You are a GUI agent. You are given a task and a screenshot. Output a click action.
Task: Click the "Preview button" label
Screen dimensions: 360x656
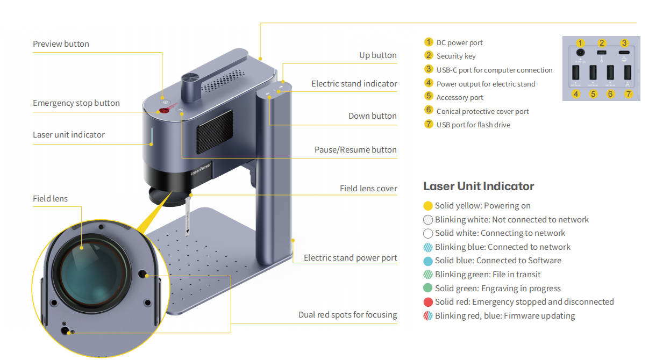click(61, 44)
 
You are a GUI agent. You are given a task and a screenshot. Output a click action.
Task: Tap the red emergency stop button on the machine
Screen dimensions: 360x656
click(163, 110)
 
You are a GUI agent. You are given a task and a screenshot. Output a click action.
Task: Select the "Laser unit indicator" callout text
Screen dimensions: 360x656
click(68, 135)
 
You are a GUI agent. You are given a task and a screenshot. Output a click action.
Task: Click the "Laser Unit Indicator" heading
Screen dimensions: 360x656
click(479, 186)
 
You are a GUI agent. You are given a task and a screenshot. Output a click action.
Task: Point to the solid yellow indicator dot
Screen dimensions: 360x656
click(428, 206)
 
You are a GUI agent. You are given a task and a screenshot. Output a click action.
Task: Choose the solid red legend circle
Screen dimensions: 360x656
click(428, 302)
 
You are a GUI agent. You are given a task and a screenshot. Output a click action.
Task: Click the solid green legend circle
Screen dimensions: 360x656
click(428, 289)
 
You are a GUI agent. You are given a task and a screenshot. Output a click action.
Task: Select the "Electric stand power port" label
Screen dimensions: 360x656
click(350, 258)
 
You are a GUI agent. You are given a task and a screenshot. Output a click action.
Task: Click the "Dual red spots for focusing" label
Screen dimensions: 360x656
click(347, 315)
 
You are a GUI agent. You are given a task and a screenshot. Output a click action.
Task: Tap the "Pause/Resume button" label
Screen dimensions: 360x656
click(355, 150)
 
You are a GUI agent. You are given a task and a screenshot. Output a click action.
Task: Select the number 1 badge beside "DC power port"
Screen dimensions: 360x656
click(429, 42)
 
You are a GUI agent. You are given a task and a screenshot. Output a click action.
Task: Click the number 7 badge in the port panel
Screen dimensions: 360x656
click(628, 93)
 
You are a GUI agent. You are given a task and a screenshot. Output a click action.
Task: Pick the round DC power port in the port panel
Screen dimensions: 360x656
click(580, 53)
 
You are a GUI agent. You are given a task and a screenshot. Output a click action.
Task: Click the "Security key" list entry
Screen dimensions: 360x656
click(456, 56)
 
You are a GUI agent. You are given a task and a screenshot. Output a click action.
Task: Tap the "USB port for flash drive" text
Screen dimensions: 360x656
click(473, 125)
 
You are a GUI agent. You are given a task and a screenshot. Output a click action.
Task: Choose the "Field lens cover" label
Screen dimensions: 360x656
click(368, 189)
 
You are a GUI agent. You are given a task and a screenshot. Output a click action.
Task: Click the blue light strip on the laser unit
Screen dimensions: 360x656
click(152, 136)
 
